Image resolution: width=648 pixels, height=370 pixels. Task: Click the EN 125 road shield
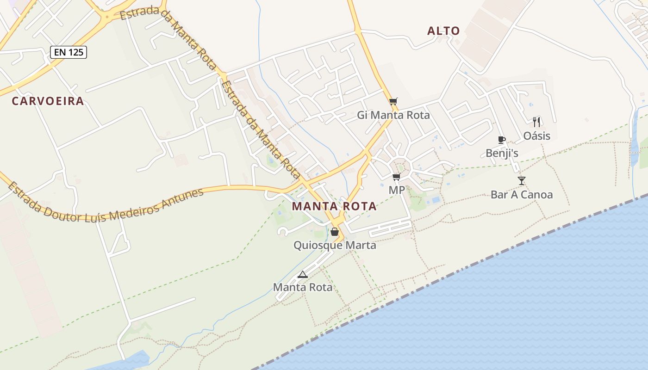pyautogui.click(x=69, y=52)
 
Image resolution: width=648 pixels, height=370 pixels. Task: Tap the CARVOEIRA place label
pyautogui.click(x=48, y=101)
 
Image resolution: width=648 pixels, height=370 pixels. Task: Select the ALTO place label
pyautogui.click(x=443, y=31)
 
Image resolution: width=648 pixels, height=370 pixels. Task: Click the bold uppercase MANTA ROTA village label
pyautogui.click(x=334, y=206)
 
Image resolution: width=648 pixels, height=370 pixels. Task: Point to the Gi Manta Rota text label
pyautogui.click(x=393, y=115)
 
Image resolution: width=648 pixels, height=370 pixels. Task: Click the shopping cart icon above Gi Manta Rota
pyautogui.click(x=393, y=101)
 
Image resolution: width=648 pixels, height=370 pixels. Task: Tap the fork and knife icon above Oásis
pyautogui.click(x=536, y=122)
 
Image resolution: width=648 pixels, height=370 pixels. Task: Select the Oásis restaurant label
pyautogui.click(x=537, y=136)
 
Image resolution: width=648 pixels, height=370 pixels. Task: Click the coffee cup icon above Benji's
pyautogui.click(x=501, y=140)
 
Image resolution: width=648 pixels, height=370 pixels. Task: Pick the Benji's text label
pyautogui.click(x=502, y=153)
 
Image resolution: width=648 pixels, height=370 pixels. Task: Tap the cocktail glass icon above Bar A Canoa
pyautogui.click(x=522, y=181)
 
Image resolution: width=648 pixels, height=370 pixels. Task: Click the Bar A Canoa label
pyautogui.click(x=522, y=195)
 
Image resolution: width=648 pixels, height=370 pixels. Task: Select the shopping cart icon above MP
pyautogui.click(x=396, y=177)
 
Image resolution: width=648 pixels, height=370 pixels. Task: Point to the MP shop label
pyautogui.click(x=397, y=190)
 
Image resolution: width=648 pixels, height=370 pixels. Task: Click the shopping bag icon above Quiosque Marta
pyautogui.click(x=335, y=232)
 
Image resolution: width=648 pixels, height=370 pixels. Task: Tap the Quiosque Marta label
pyautogui.click(x=335, y=245)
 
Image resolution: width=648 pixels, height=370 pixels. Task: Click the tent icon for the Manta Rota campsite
pyautogui.click(x=303, y=274)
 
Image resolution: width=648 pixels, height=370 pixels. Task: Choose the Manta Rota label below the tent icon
pyautogui.click(x=303, y=287)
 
